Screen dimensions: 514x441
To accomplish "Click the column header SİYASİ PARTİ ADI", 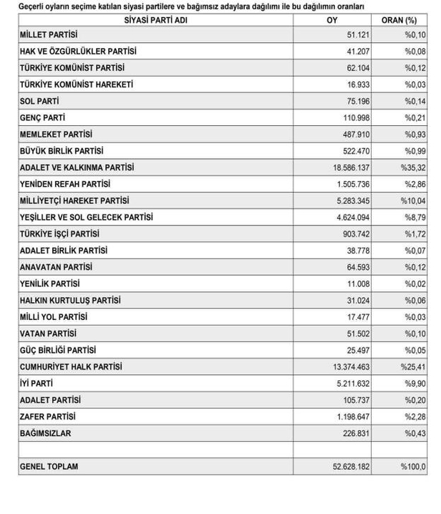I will (155, 19).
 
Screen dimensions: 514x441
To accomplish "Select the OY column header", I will (331, 19).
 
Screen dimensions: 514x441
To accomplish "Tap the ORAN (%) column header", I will (400, 19).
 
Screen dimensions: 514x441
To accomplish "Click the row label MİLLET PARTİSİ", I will (49, 35).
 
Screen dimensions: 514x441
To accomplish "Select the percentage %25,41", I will (413, 367).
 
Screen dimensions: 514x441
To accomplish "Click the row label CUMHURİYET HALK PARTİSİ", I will (72, 367).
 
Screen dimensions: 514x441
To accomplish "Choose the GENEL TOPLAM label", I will (49, 467).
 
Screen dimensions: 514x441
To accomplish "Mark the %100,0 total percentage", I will (413, 467).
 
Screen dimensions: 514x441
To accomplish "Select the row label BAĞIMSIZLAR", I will (46, 433).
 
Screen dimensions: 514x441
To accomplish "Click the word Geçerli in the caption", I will (34, 6).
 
